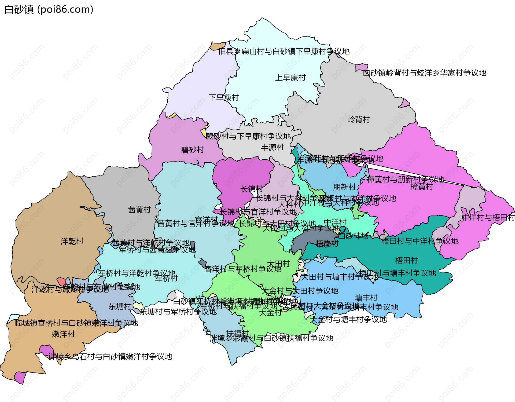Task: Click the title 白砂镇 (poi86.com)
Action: [x=49, y=9]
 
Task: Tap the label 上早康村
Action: [x=290, y=78]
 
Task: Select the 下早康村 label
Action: [x=224, y=97]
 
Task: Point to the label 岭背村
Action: [x=359, y=119]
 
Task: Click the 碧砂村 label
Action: [x=193, y=150]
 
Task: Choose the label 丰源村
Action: [x=272, y=147]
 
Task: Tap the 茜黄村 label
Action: [x=139, y=210]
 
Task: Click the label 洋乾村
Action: [x=72, y=241]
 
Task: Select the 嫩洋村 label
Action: [x=63, y=334]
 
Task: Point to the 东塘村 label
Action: [x=120, y=306]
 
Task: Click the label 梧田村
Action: [x=406, y=260]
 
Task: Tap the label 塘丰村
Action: [x=366, y=298]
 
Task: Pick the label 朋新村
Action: [x=344, y=187]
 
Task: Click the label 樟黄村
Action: [x=422, y=187]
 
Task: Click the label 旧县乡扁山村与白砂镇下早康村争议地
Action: [x=284, y=51]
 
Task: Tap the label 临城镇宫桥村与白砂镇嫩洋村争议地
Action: [x=76, y=323]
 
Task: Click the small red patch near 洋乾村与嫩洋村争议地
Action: [x=61, y=282]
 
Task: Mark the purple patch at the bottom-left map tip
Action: [x=20, y=377]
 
